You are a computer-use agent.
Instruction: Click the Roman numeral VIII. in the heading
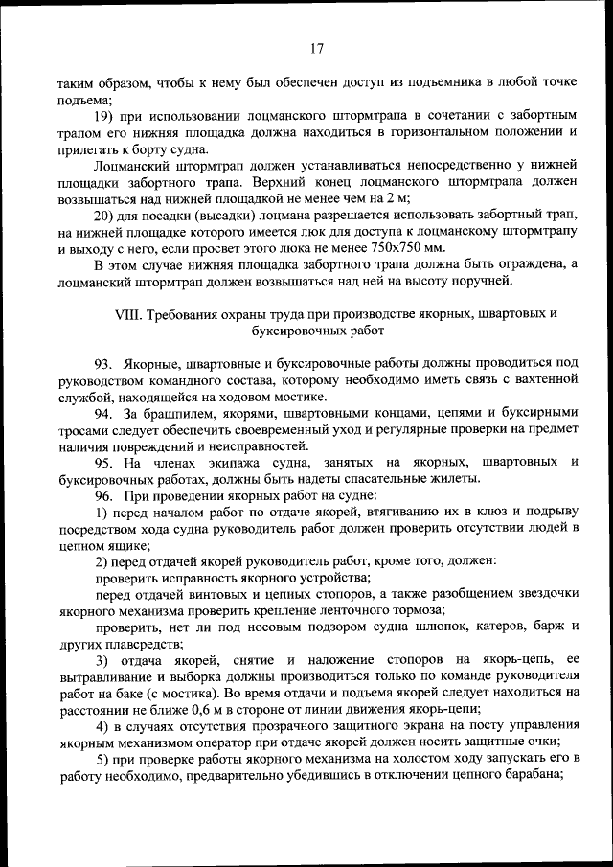click(127, 314)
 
